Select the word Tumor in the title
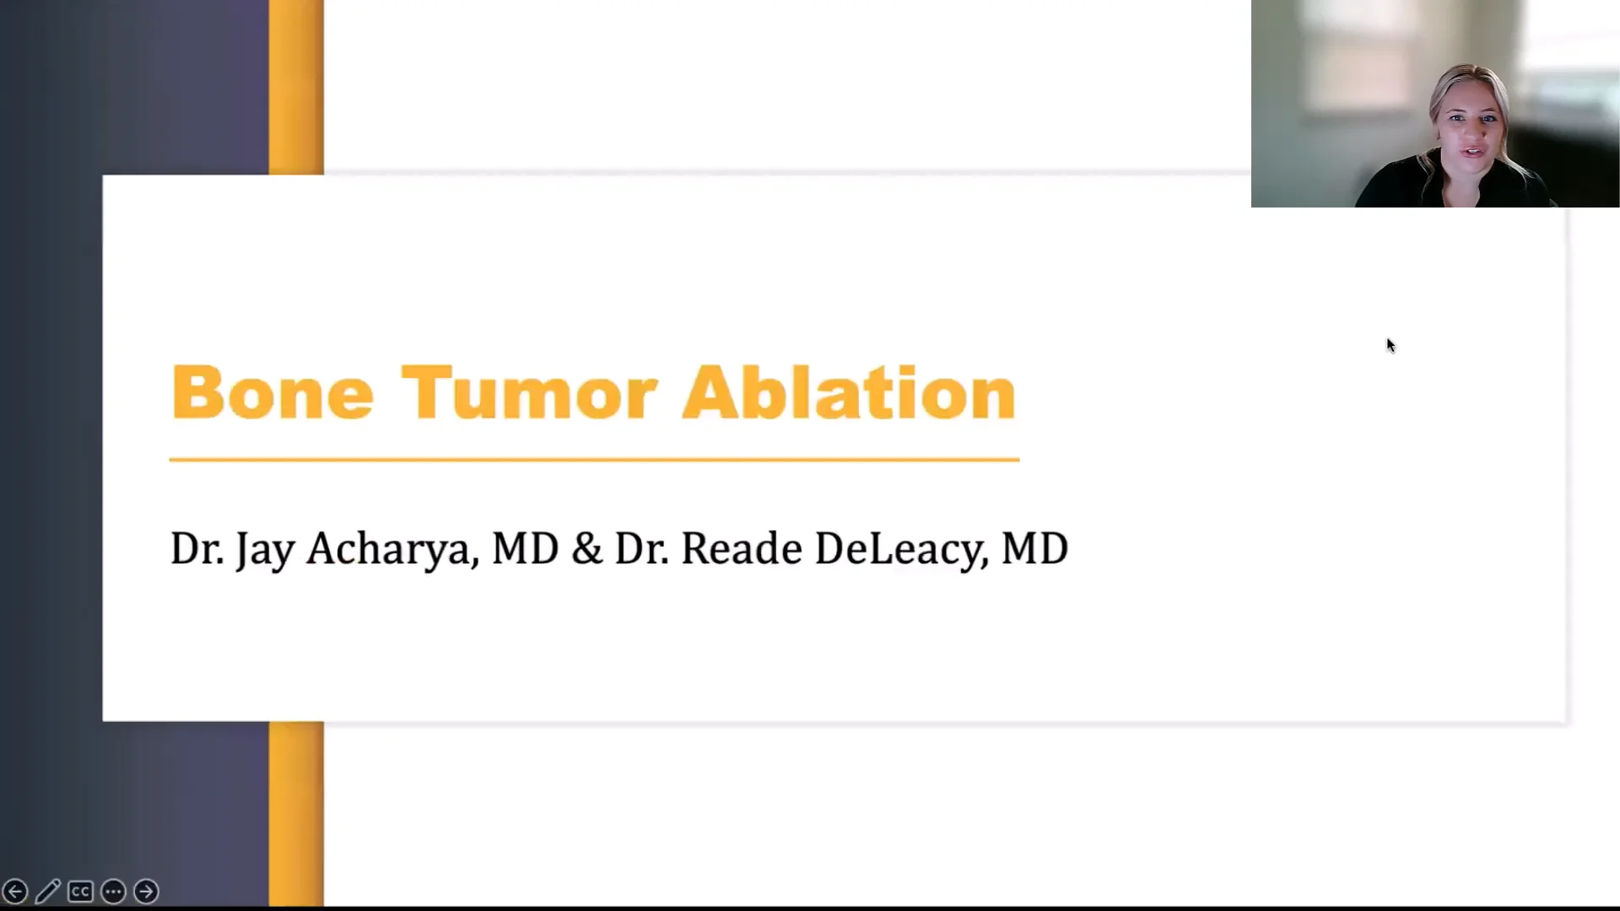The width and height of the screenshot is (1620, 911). (529, 393)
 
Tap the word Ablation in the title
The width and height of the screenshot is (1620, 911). (848, 393)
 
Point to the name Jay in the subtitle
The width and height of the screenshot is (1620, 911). (265, 549)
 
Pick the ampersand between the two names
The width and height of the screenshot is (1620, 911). (586, 549)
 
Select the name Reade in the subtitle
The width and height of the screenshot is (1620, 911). (741, 549)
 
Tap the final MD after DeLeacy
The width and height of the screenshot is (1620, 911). (1034, 549)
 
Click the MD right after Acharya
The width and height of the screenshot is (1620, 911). (525, 549)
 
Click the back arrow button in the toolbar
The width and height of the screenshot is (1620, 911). (15, 891)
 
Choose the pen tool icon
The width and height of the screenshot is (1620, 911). (48, 891)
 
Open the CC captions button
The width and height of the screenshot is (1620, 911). (80, 891)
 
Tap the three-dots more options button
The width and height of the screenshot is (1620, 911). (113, 891)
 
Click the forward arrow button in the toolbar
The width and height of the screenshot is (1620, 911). (146, 891)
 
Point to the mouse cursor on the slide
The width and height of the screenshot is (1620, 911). (1390, 345)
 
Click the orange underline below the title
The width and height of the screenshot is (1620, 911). (594, 460)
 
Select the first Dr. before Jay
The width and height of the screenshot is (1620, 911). (197, 549)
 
